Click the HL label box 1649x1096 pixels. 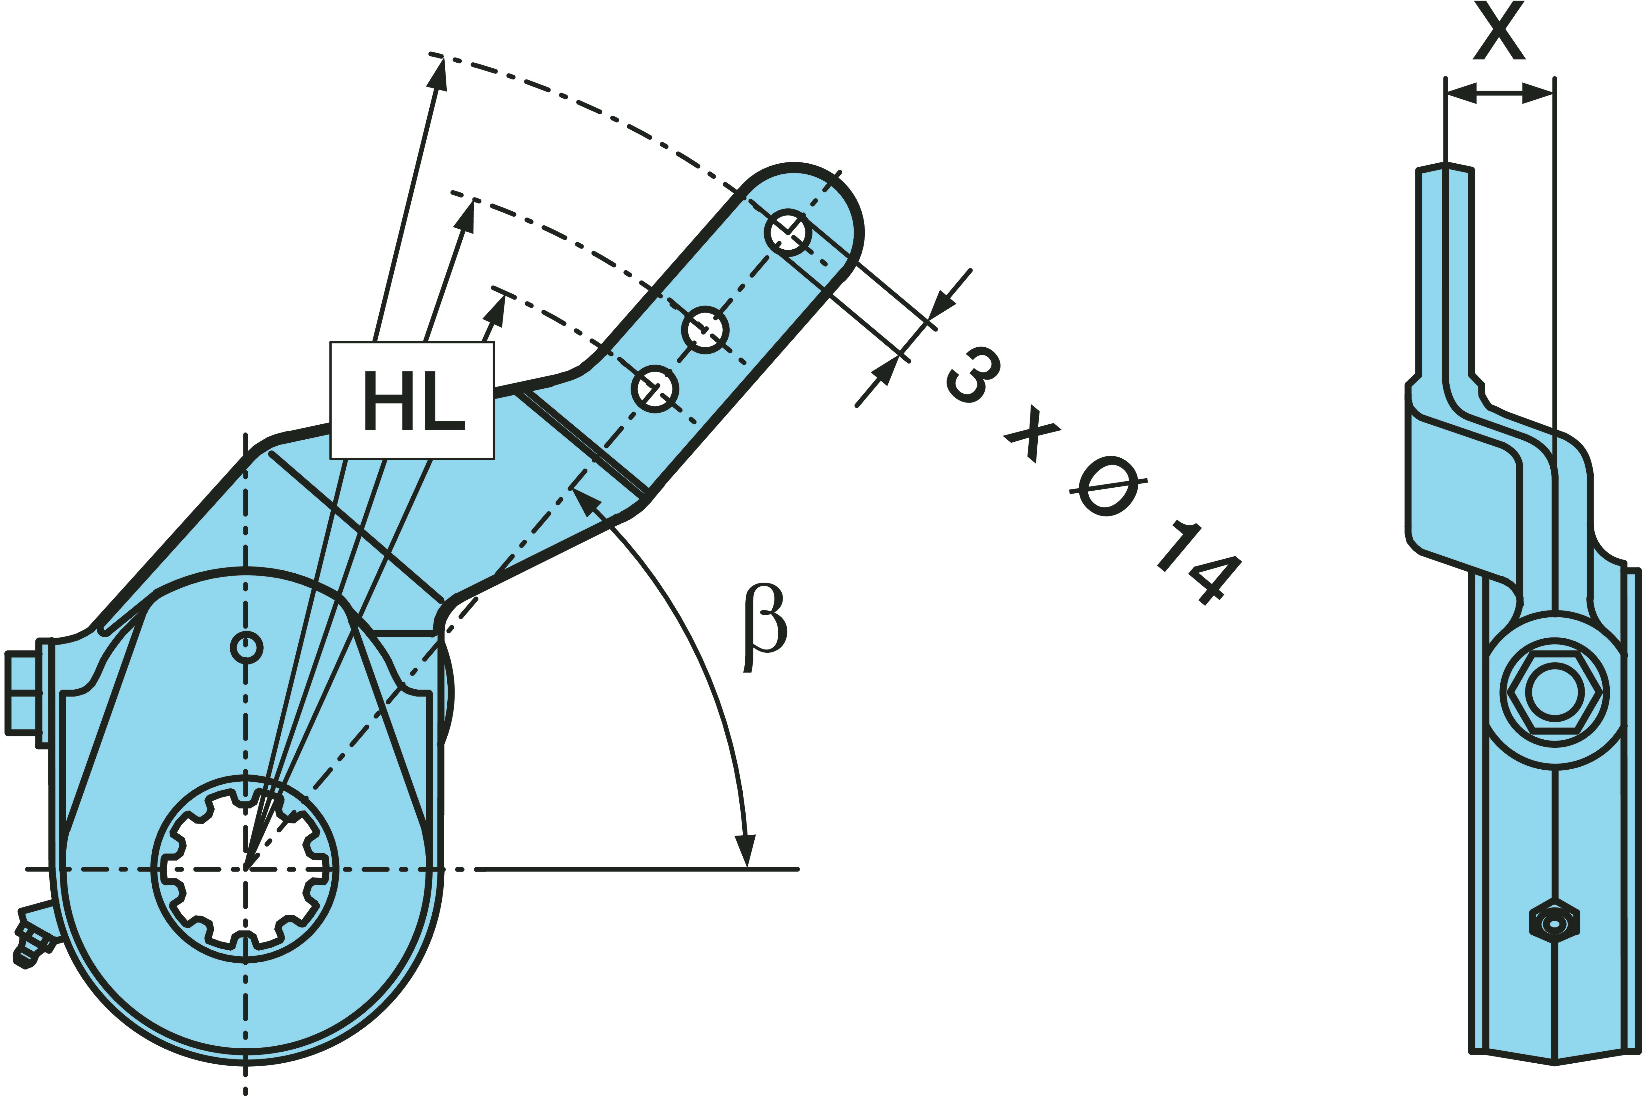tap(412, 400)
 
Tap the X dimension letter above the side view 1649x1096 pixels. tap(1499, 31)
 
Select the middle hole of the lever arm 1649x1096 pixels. tap(705, 329)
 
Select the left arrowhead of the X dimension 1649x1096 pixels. tap(1460, 93)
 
